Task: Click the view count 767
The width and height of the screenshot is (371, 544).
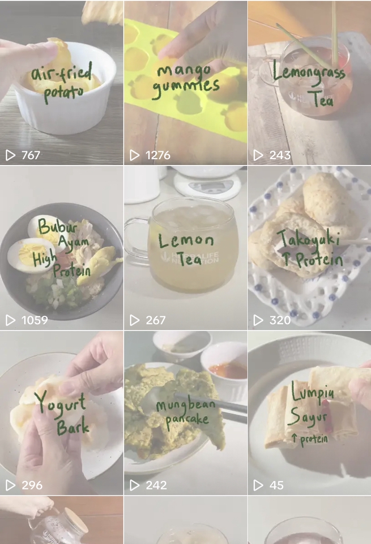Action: [31, 155]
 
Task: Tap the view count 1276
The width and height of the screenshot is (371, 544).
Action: [158, 155]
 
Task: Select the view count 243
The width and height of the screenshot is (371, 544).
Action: [280, 155]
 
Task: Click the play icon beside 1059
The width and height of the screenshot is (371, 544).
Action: [10, 320]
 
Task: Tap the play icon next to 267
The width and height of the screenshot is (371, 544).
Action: [134, 320]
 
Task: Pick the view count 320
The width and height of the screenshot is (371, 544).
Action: [280, 320]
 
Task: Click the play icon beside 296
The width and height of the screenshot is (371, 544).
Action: [10, 485]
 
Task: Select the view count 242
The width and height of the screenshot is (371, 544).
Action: [156, 485]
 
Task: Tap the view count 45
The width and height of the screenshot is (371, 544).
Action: [276, 485]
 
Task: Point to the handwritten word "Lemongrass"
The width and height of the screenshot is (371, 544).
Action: [309, 73]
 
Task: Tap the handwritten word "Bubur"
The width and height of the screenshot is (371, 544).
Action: [57, 226]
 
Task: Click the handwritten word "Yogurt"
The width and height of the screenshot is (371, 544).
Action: [60, 402]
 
